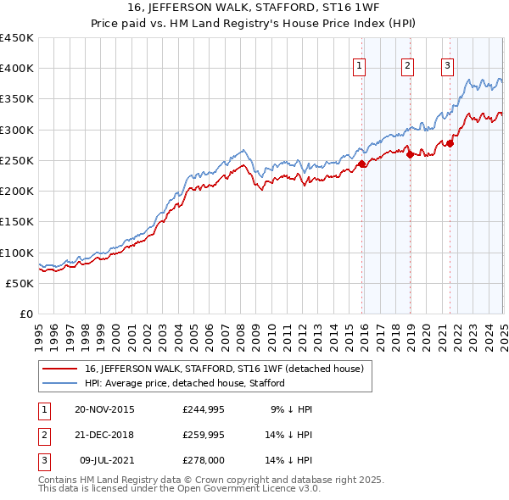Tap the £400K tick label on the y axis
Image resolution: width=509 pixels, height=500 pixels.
[17, 69]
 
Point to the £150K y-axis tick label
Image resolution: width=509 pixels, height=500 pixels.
[17, 222]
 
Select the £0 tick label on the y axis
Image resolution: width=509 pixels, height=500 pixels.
[26, 314]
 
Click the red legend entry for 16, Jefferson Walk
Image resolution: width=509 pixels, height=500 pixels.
[224, 369]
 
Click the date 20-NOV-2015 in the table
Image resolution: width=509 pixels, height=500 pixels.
[104, 409]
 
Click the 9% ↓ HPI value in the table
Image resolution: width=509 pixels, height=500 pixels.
[292, 409]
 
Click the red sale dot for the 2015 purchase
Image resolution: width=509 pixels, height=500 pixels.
[362, 164]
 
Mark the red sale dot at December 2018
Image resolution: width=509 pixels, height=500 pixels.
[410, 154]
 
